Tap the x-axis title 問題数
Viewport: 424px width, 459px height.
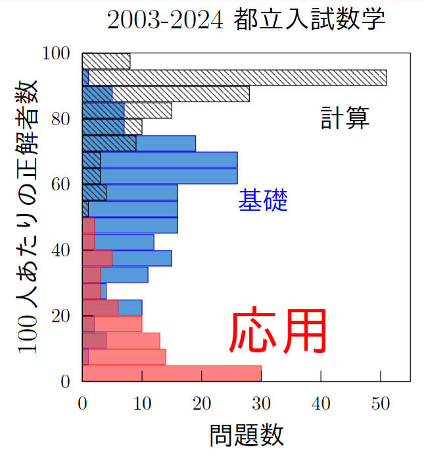pos(247,435)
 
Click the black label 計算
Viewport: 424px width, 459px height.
pos(345,118)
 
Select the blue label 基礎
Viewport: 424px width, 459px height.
pos(263,200)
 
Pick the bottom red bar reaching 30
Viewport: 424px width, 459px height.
pos(172,373)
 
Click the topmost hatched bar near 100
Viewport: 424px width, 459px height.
pos(106,61)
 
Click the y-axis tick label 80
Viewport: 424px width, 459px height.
pos(61,119)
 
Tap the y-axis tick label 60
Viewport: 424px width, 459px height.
pos(61,184)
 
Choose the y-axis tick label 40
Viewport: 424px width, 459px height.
pos(61,250)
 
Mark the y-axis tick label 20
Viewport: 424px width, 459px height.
pos(61,316)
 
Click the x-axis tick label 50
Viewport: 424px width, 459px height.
pos(381,404)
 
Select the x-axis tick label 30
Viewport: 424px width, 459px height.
pos(261,404)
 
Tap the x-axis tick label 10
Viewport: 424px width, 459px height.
pos(142,404)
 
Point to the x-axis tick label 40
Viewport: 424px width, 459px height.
pos(321,404)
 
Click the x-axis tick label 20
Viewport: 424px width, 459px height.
pos(202,404)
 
